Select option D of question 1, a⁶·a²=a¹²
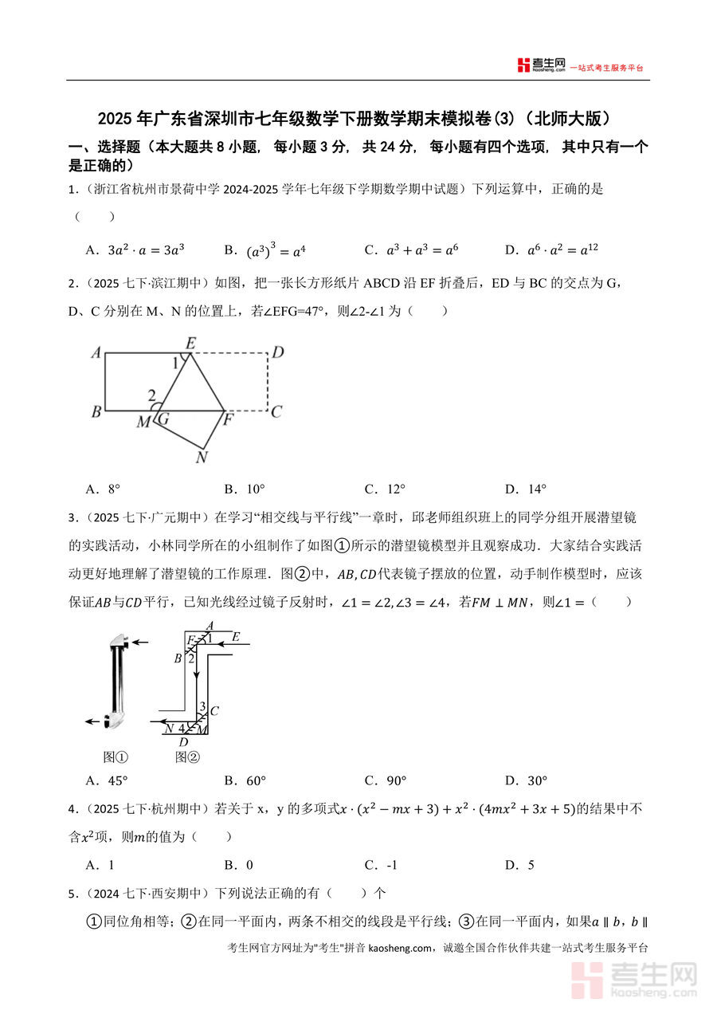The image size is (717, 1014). pos(551,250)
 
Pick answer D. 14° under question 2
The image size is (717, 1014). pos(526,489)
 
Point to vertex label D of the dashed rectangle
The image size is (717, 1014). pos(278,352)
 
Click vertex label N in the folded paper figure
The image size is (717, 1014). pos(202,458)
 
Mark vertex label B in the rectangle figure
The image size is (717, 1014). pos(96,412)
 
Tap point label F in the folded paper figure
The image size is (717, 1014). pos(227,420)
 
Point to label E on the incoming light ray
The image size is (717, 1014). pos(236,636)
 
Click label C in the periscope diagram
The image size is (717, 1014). pos(214,710)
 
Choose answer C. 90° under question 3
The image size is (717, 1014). pos(385,780)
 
